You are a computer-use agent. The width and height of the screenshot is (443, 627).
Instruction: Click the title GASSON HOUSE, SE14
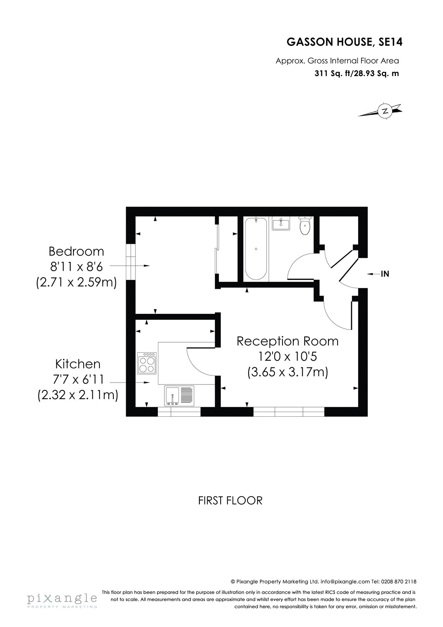click(x=344, y=42)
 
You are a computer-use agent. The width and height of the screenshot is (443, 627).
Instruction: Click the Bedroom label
click(x=76, y=251)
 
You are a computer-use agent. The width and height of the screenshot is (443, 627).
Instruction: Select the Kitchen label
click(x=78, y=364)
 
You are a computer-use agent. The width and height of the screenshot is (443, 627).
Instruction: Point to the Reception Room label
click(x=288, y=341)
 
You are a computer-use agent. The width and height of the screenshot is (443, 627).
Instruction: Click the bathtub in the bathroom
click(x=256, y=249)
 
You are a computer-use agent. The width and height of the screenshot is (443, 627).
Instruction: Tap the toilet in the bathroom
click(x=305, y=226)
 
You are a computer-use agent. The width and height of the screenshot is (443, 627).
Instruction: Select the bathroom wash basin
click(x=281, y=224)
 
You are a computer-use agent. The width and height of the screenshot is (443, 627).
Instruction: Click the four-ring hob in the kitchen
click(x=147, y=363)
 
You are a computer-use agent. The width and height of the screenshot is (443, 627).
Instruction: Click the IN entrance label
click(x=385, y=274)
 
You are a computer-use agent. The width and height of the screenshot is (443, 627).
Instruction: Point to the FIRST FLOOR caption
click(x=230, y=500)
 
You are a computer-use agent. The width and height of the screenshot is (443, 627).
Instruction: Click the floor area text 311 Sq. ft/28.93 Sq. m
click(x=357, y=74)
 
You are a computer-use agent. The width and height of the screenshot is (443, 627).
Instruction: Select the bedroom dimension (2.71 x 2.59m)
click(x=76, y=282)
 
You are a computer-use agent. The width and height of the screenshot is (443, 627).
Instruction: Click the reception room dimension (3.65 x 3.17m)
click(x=288, y=372)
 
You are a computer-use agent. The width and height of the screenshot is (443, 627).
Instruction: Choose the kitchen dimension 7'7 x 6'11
click(x=78, y=380)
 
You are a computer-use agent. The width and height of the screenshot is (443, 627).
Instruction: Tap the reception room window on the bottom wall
click(x=289, y=412)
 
